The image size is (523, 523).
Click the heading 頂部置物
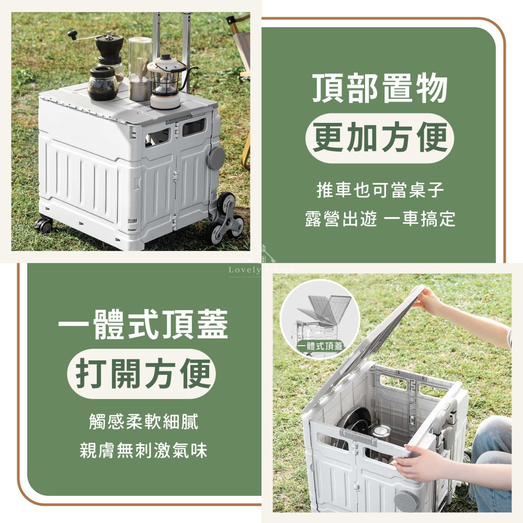[380, 88]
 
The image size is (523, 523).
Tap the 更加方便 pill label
[380, 138]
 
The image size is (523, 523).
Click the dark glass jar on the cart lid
[102, 84]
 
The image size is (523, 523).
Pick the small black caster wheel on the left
[44, 225]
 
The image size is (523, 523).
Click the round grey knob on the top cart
[215, 157]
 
